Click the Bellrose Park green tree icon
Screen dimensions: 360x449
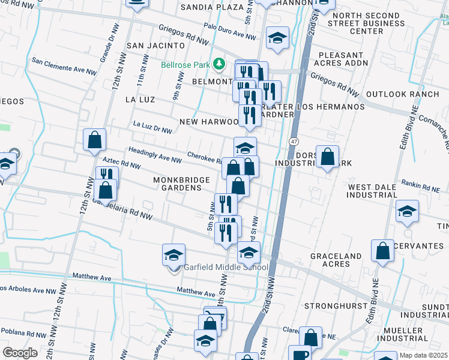click(x=220, y=63)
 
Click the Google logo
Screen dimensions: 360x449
click(x=20, y=352)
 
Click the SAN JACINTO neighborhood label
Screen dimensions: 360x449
click(x=155, y=46)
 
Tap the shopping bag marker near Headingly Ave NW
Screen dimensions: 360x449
click(x=95, y=140)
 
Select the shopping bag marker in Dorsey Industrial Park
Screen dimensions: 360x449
click(x=327, y=157)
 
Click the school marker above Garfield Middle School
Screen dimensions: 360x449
click(x=174, y=255)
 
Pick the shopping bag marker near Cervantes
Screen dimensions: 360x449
click(x=382, y=251)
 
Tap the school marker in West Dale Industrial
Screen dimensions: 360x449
click(x=407, y=211)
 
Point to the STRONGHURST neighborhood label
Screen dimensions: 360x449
click(x=335, y=305)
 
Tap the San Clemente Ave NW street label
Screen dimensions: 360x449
click(x=64, y=66)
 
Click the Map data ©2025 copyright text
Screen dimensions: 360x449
click(x=424, y=355)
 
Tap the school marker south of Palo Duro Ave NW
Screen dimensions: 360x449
click(x=277, y=38)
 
